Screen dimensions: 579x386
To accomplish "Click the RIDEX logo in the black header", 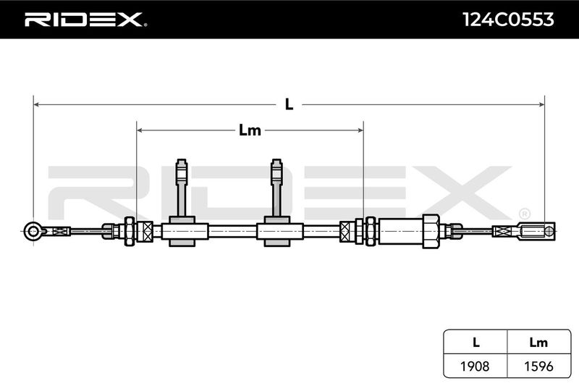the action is (x=85, y=20).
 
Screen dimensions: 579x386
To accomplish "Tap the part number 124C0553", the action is (x=509, y=20).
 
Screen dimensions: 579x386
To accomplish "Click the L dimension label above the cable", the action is (x=289, y=104).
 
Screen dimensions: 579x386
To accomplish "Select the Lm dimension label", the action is (x=250, y=130).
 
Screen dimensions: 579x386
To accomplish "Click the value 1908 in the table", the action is (x=475, y=366).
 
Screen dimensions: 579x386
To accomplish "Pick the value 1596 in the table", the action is (x=538, y=366).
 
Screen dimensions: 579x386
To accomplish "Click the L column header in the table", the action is (x=476, y=343).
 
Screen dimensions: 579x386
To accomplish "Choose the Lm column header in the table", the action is (x=538, y=343).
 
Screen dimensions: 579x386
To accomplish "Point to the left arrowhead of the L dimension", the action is (x=36, y=104).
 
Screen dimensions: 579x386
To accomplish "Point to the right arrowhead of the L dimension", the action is (x=541, y=104).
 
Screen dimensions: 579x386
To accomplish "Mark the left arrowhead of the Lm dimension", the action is (x=140, y=130).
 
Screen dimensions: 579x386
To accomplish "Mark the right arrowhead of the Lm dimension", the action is (x=360, y=130).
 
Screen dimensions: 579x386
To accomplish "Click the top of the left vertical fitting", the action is (x=182, y=160).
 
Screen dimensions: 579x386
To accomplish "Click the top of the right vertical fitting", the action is (x=276, y=160).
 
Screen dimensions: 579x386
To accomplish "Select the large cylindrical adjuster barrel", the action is (x=401, y=232).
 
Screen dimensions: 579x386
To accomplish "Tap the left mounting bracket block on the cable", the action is (x=182, y=232).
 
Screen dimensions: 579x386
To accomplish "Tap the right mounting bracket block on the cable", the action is (x=277, y=232).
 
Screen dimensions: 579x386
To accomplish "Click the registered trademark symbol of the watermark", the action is (x=525, y=214).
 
